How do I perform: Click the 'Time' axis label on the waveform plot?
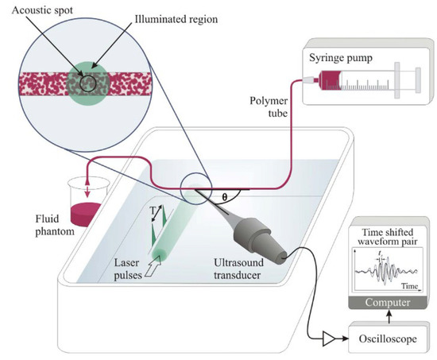[x=411, y=285]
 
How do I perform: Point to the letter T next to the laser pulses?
[x=153, y=210]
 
